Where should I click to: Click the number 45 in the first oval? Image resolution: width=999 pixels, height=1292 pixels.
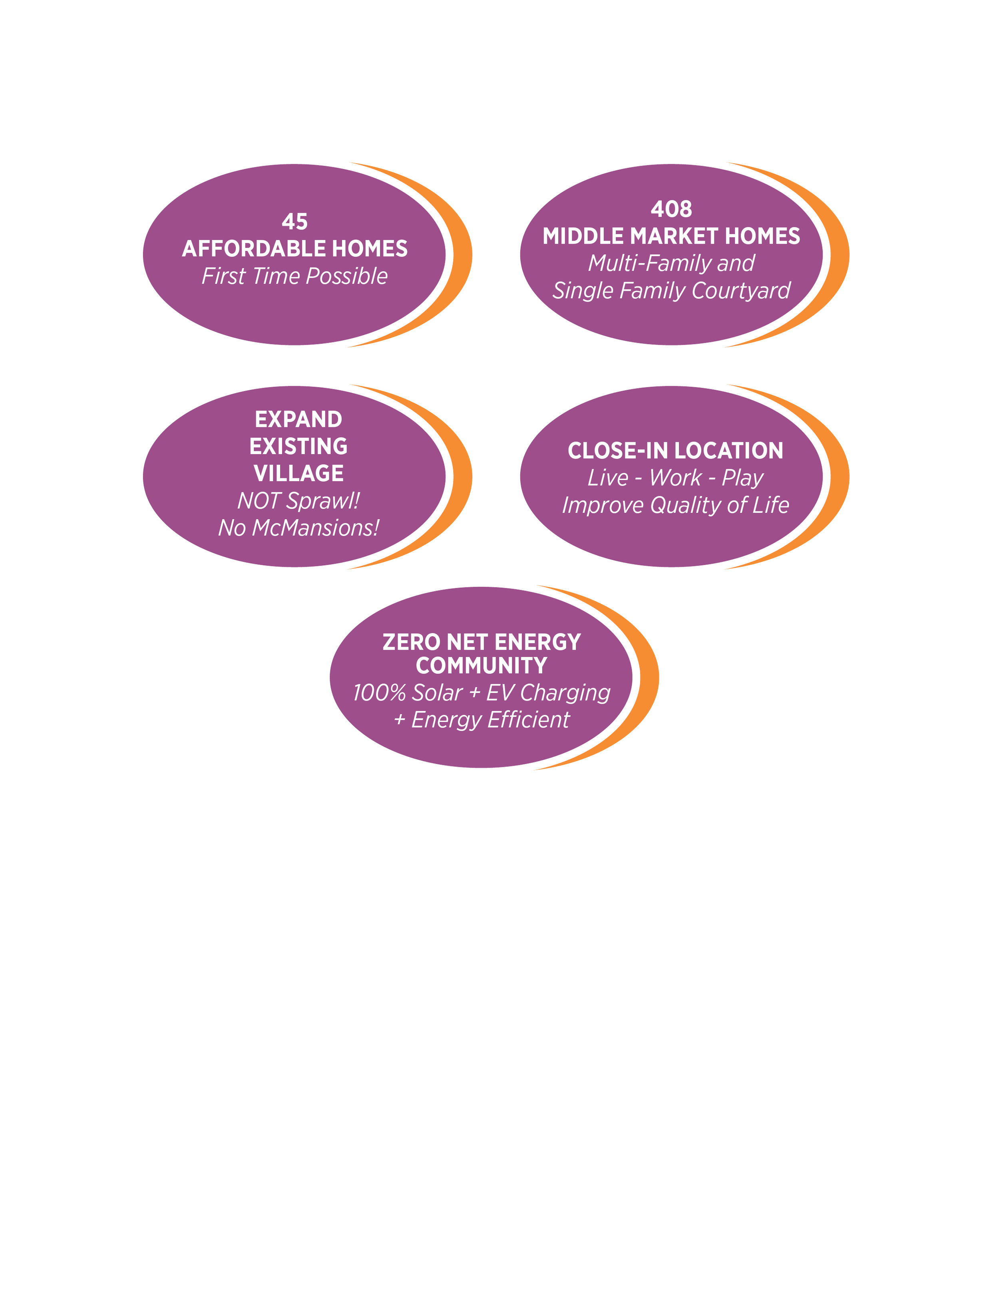point(295,222)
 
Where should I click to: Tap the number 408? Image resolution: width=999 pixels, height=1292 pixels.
point(671,209)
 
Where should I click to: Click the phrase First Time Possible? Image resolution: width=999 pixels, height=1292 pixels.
point(295,276)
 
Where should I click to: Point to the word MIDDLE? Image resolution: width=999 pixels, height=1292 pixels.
point(583,236)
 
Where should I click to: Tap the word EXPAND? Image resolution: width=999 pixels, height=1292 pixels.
point(298,419)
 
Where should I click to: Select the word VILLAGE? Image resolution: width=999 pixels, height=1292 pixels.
point(298,473)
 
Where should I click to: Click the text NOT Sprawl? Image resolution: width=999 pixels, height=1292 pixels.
point(298,501)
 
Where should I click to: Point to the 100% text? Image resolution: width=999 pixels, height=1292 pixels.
point(379,693)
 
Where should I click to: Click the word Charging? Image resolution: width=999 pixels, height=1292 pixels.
point(565,693)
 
